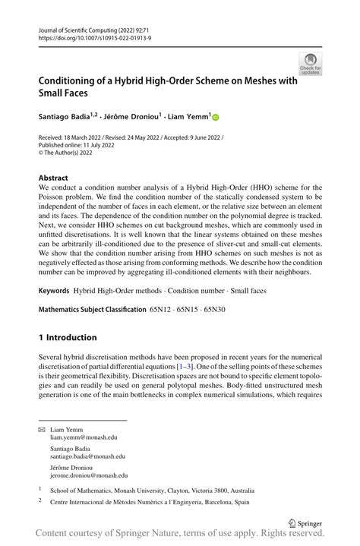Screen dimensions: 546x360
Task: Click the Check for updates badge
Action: point(310,63)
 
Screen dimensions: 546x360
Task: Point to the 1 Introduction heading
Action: point(68,337)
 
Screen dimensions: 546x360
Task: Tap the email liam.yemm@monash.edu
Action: point(84,438)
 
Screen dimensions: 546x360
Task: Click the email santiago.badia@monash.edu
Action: point(87,456)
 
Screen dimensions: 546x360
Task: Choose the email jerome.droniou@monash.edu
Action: point(89,475)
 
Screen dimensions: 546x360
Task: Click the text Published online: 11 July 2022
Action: point(77,145)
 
